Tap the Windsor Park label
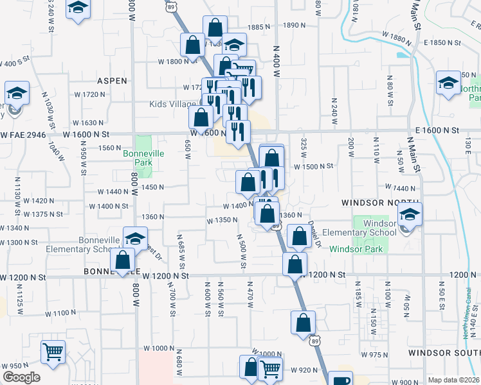tap(356, 249)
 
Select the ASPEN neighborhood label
tap(111, 81)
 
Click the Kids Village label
tap(172, 104)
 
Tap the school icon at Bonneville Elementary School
tap(135, 238)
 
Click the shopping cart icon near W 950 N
tap(53, 351)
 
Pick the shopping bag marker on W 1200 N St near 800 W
tap(122, 260)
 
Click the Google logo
tap(21, 377)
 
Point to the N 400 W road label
tap(277, 62)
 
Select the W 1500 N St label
tap(313, 166)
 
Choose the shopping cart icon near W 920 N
tap(270, 369)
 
